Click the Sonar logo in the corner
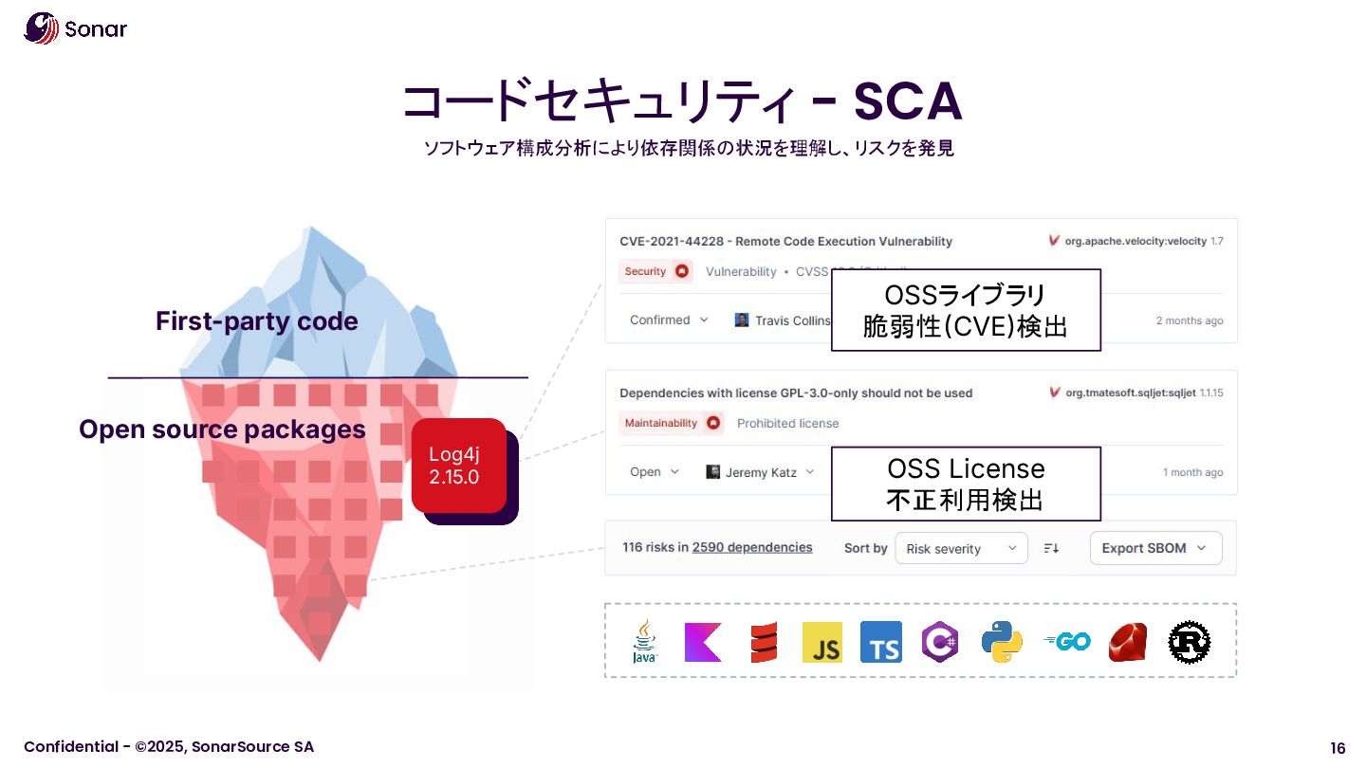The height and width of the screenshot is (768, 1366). coord(74,28)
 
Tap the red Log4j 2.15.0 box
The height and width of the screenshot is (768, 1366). coord(458,466)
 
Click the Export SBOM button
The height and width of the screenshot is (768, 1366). coord(1155,548)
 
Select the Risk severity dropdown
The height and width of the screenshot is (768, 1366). coord(960,548)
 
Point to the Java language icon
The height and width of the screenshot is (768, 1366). coord(645,642)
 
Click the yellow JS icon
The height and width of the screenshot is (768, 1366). coord(821,642)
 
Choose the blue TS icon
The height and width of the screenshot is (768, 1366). coord(880,642)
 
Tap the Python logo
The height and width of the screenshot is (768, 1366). coord(1002,642)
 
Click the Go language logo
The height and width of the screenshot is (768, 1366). coord(1066,642)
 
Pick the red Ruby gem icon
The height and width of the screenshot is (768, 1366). coord(1127,642)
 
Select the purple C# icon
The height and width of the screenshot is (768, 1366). coord(940,642)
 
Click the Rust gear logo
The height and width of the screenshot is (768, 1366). coord(1189,642)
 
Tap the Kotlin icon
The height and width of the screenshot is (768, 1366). coord(703,642)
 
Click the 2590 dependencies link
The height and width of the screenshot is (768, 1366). coord(752,547)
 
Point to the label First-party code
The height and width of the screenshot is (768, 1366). coord(256,321)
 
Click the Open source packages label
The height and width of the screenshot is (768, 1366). coord(222,430)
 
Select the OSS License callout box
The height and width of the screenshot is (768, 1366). coord(966,484)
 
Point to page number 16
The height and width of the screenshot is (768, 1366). coord(1338,747)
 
